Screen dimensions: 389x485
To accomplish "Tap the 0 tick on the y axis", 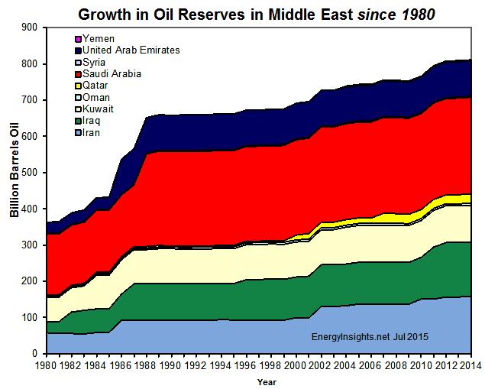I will [35, 354].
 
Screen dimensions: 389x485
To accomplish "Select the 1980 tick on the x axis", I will [47, 366].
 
